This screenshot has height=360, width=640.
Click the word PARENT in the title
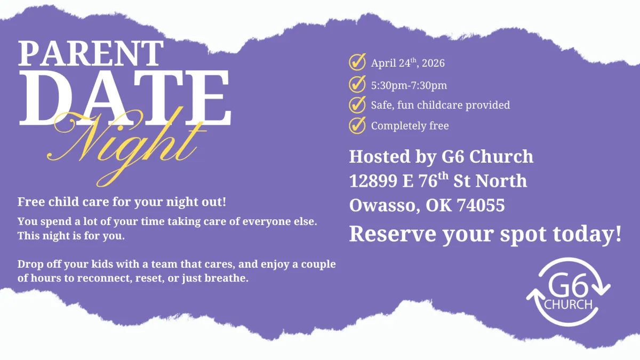pos(91,53)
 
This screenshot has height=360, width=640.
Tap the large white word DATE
pos(125,98)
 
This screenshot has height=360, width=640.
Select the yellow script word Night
pos(126,146)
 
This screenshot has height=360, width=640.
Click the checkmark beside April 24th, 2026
pos(357,62)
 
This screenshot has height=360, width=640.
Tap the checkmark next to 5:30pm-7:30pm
pos(357,84)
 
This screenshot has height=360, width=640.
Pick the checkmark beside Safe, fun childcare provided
pos(357,105)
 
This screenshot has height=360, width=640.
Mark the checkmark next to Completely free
pos(357,125)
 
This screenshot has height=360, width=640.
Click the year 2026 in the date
pos(433,63)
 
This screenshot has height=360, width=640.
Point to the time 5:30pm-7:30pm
pos(409,85)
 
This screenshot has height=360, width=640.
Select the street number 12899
pos(373,181)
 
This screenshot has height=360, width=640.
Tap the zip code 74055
pos(481,205)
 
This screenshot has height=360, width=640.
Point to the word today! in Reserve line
pos(587,234)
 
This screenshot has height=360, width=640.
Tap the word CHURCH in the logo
pos(568,305)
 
